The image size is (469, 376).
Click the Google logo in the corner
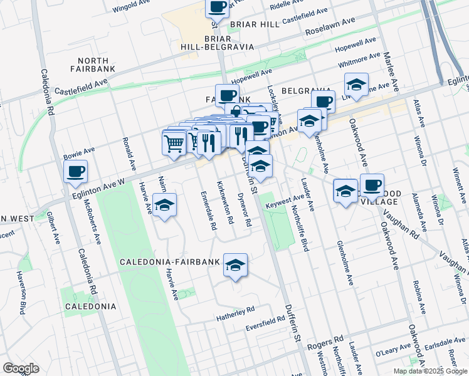tap(21, 368)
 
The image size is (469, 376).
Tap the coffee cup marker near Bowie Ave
tap(75, 170)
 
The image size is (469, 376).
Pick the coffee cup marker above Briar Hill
tap(217, 7)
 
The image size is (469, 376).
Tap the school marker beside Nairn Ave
tap(164, 206)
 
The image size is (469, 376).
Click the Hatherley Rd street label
tap(236, 310)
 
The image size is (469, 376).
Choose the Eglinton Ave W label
tap(100, 185)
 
